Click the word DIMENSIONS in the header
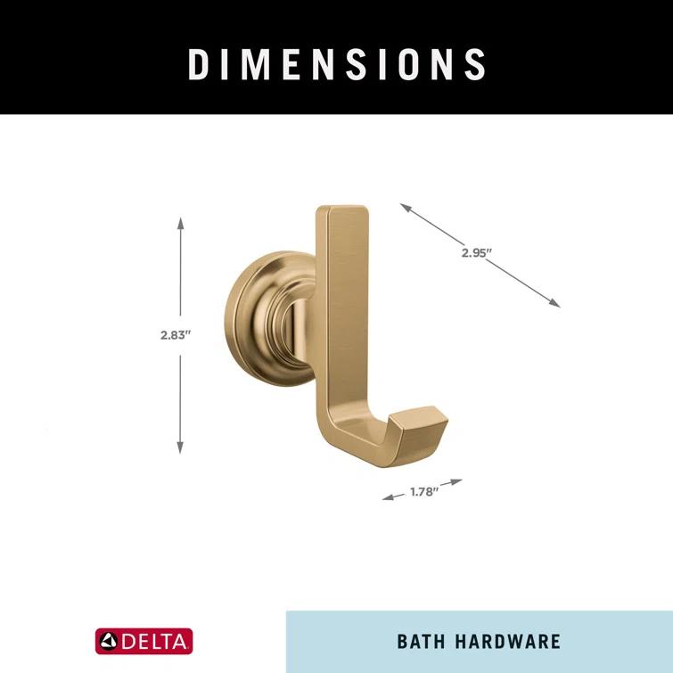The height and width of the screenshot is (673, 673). pyautogui.click(x=337, y=64)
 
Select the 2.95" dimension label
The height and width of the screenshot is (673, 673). pyautogui.click(x=477, y=252)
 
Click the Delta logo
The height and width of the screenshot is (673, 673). pyautogui.click(x=144, y=641)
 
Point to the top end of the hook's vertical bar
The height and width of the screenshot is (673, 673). pyautogui.click(x=342, y=215)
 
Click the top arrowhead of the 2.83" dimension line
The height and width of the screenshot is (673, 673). pyautogui.click(x=180, y=219)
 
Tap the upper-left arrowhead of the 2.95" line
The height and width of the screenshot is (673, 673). pyautogui.click(x=404, y=207)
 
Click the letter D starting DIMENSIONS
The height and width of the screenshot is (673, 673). pyautogui.click(x=198, y=64)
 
